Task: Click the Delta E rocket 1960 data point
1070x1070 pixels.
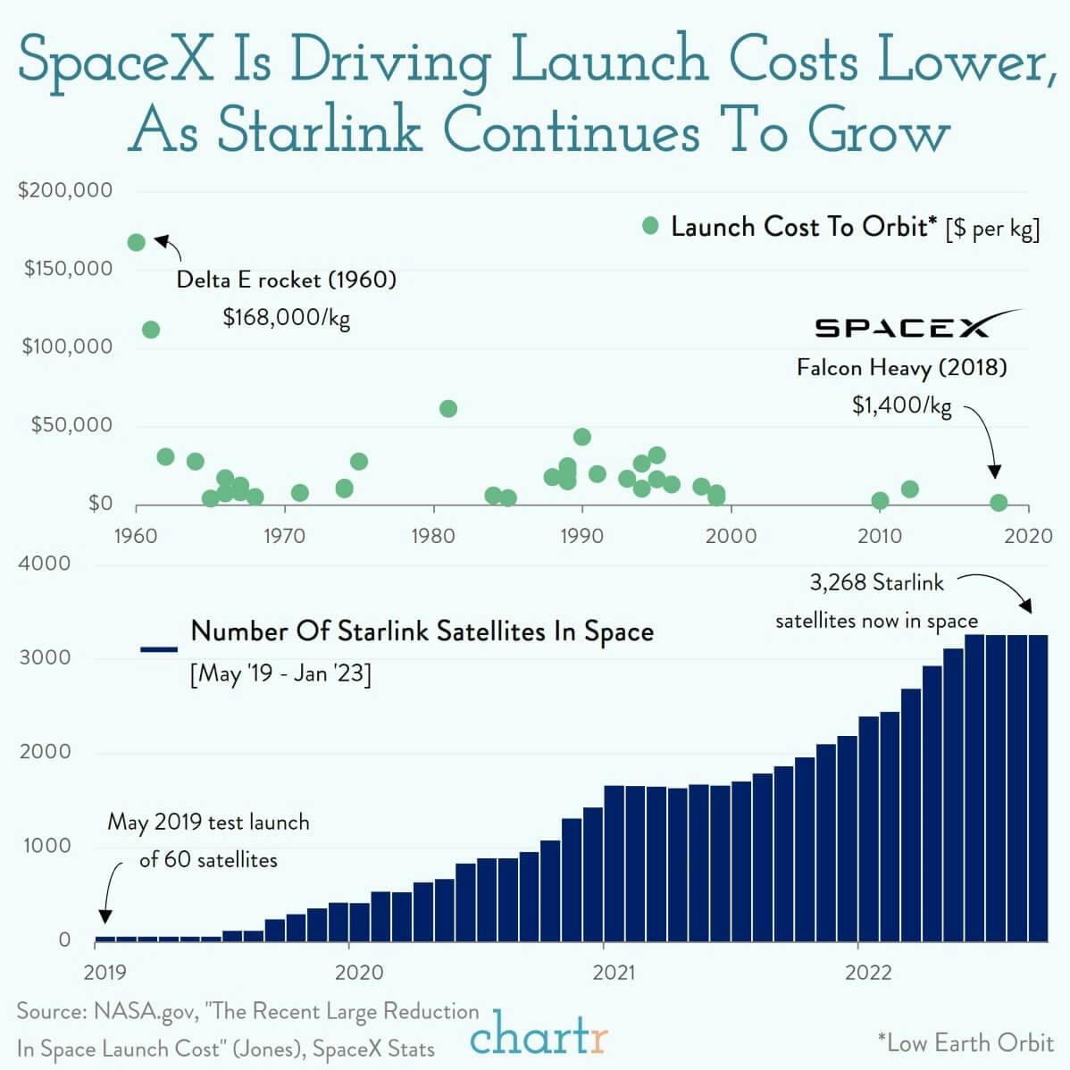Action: click(x=137, y=242)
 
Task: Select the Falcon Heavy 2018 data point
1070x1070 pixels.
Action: click(x=999, y=503)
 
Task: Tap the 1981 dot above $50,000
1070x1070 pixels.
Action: click(x=448, y=408)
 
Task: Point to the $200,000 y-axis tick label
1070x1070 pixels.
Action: click(x=65, y=190)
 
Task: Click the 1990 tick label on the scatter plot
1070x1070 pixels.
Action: click(x=582, y=536)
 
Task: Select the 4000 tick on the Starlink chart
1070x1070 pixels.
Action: click(x=44, y=564)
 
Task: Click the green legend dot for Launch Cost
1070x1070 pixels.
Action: click(x=651, y=226)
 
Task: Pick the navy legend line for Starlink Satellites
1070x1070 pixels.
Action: click(x=159, y=649)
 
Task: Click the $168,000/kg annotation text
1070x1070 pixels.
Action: click(x=286, y=317)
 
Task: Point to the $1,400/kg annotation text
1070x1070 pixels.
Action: click(x=901, y=406)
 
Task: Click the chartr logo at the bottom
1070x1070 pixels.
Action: click(x=539, y=1037)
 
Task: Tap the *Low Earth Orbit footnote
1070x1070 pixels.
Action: click(x=965, y=1042)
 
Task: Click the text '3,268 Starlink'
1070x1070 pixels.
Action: click(x=876, y=583)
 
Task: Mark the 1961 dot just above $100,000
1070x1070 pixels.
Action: click(x=151, y=330)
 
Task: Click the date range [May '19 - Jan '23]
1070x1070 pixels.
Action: click(x=280, y=673)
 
